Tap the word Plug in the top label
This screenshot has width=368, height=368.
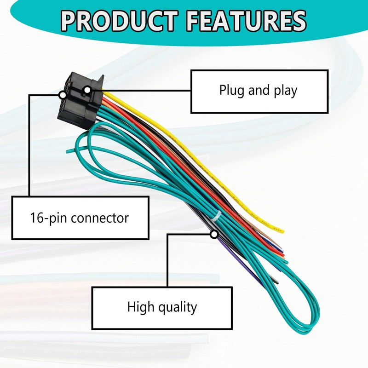(x=232, y=90)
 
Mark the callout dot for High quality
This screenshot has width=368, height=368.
(x=214, y=235)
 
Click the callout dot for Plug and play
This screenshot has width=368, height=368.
(x=87, y=90)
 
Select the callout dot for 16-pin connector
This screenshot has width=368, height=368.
(x=62, y=95)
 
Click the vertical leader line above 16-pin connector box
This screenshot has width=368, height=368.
(x=29, y=147)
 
